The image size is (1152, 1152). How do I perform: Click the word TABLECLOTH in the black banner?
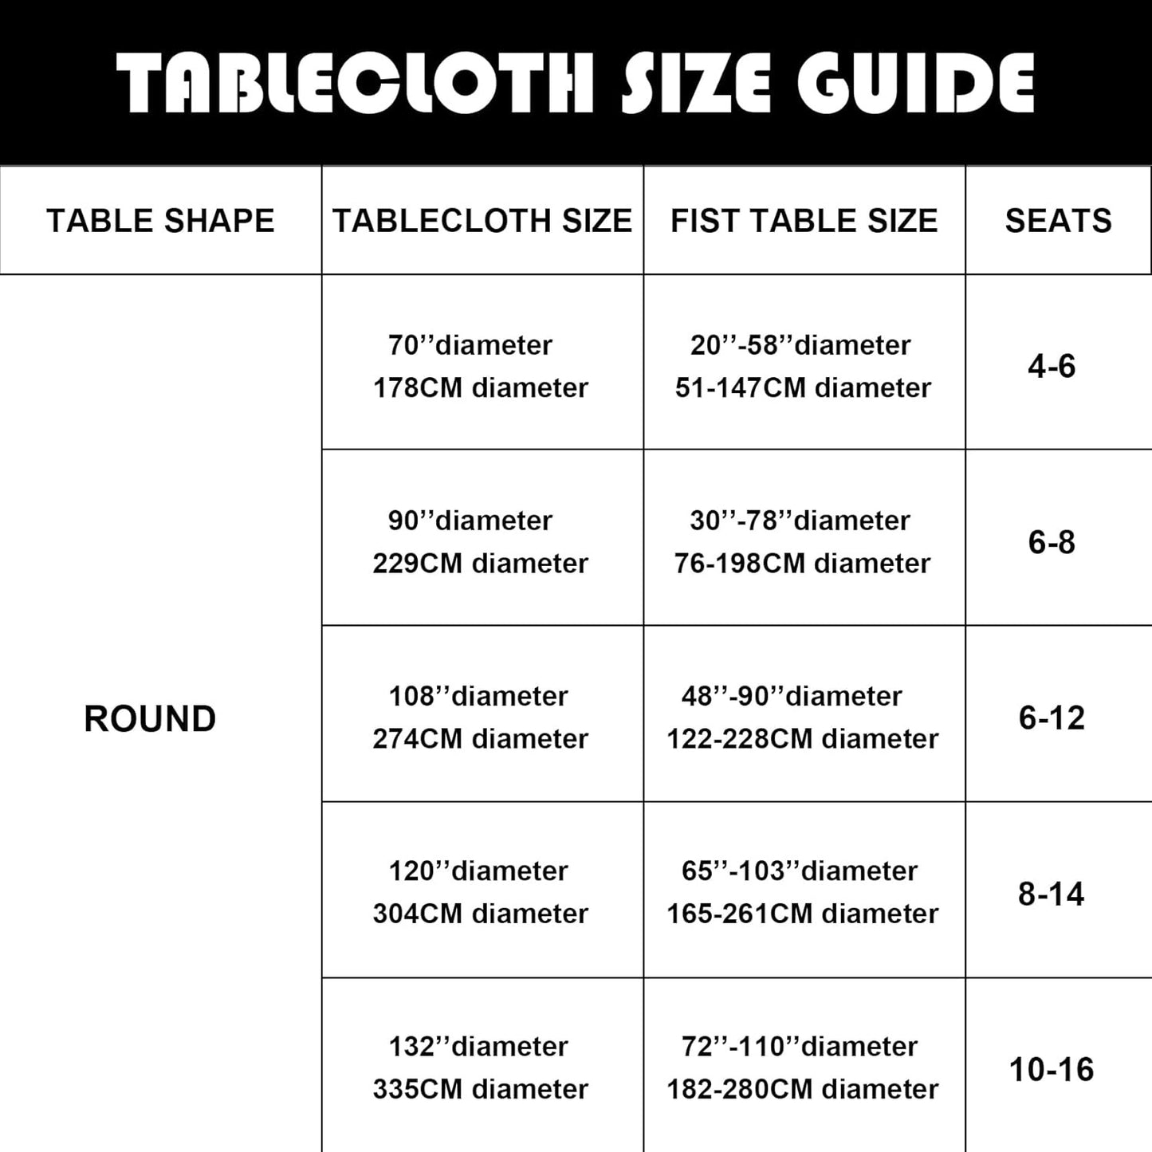[356, 83]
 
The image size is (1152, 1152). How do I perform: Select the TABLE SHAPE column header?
[160, 221]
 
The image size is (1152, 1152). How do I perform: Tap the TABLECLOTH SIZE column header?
[482, 221]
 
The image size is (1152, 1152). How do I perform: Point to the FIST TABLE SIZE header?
[804, 221]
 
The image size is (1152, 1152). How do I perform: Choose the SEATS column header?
[1058, 221]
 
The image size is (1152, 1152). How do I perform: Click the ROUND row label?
[150, 718]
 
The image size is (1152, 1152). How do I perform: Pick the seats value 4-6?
[1052, 366]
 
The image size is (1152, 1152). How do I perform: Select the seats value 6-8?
[1052, 542]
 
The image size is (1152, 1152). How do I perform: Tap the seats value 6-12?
[1052, 718]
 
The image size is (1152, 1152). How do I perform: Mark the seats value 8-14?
[1052, 894]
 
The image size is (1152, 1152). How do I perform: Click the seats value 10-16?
[1052, 1069]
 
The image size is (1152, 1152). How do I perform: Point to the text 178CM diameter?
[481, 388]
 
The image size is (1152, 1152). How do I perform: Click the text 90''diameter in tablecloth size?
[470, 521]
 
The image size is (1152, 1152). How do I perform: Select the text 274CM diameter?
[481, 739]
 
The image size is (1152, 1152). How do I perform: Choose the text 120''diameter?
[478, 871]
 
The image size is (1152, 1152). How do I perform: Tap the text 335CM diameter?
[481, 1089]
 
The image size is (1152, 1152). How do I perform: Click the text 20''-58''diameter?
[800, 345]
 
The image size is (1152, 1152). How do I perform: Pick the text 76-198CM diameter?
[802, 564]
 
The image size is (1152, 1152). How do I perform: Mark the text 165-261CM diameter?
[802, 914]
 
